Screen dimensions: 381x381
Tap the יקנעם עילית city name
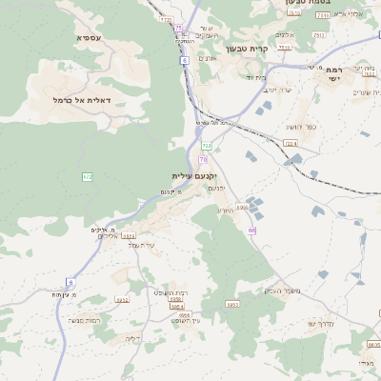pos(195,176)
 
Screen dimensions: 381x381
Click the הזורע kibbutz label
pos(225,210)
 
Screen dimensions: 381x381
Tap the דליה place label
pos(132,337)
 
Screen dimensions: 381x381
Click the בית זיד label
pos(253,77)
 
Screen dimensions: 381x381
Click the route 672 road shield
pos(88,176)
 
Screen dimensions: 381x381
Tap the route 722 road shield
pos(206,145)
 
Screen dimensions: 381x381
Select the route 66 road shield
pos(251,230)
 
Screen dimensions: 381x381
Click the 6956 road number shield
pos(242,207)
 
